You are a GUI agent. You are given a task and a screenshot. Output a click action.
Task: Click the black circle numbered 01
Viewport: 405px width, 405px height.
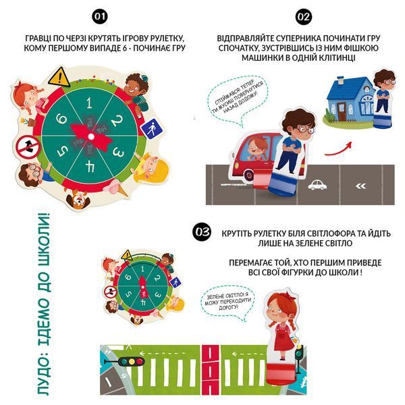(100, 16)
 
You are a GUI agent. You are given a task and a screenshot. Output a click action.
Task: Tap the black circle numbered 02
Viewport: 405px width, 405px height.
(304, 17)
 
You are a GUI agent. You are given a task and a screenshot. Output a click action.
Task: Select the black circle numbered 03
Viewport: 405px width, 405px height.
(202, 232)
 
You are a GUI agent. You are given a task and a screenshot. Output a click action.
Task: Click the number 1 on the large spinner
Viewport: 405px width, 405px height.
(89, 103)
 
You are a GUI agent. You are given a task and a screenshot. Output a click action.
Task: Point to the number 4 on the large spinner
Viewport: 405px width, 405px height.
(90, 167)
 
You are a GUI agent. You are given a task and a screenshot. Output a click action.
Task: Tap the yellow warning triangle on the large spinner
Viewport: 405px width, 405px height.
(59, 77)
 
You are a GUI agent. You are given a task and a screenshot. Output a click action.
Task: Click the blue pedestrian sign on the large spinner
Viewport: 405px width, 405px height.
(152, 129)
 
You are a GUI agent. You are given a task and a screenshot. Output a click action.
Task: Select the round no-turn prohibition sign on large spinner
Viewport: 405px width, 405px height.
(28, 147)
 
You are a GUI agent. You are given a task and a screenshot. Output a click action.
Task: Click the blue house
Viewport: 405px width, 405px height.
(351, 99)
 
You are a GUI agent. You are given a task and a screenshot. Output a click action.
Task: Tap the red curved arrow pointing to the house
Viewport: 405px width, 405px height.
(338, 150)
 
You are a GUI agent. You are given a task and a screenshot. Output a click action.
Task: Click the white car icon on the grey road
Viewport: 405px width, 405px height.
(317, 185)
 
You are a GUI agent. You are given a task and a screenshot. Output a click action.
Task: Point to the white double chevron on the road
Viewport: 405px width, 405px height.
(360, 186)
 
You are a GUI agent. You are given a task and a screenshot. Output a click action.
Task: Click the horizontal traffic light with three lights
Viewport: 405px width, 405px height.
(125, 361)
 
